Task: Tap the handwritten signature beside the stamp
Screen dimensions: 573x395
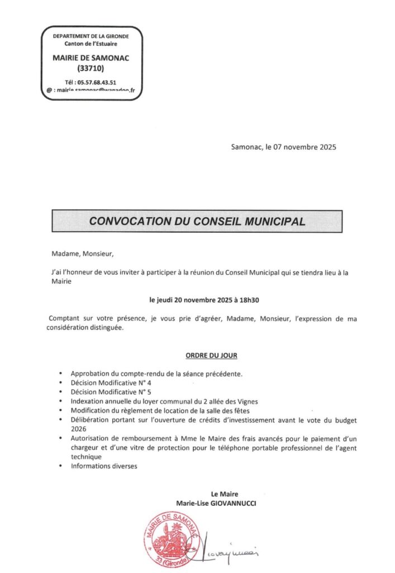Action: point(231,544)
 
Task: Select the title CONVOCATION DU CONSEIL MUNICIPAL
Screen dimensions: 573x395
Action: point(197,221)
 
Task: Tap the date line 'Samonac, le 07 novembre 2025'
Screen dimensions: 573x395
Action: point(284,148)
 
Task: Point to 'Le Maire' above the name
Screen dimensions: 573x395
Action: point(225,494)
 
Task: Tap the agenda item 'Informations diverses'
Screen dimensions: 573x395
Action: point(104,465)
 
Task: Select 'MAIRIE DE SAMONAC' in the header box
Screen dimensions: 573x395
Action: point(89,57)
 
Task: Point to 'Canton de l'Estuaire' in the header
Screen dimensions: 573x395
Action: point(91,44)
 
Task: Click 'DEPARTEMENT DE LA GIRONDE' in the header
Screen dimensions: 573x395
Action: point(91,36)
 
